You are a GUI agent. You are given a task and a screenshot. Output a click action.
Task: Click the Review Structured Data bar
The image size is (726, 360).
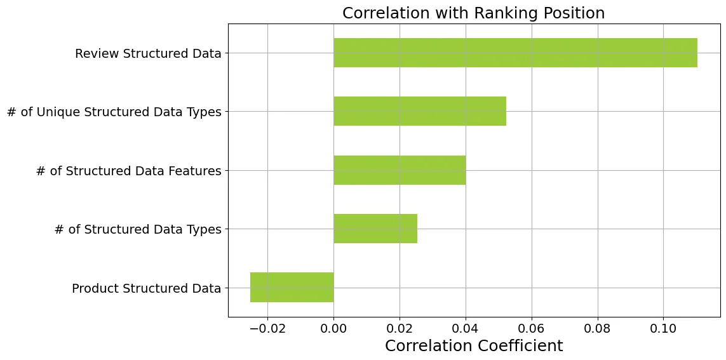pos(515,53)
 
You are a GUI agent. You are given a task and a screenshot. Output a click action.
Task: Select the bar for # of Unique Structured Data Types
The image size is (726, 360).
pos(420,111)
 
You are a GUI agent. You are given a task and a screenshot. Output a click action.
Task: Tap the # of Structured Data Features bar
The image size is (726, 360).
pos(400,170)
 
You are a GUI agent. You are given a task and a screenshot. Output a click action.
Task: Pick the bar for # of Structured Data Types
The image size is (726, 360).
pos(375,229)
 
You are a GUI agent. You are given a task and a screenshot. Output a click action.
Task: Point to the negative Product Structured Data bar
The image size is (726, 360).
pos(292,288)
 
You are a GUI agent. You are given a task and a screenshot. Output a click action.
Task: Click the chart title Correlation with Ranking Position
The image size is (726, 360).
pos(474,13)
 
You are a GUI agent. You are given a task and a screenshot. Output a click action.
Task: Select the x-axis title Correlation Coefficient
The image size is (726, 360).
pos(474,345)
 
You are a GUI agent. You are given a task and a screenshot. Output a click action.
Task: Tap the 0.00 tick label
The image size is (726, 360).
pos(334,329)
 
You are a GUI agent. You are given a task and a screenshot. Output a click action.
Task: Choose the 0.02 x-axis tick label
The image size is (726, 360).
pos(400,329)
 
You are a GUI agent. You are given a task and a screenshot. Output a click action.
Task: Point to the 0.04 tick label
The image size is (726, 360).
pos(466,329)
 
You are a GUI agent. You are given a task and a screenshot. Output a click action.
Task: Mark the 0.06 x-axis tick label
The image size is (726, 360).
pos(532,329)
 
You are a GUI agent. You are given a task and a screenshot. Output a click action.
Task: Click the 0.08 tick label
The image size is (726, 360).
pos(598,329)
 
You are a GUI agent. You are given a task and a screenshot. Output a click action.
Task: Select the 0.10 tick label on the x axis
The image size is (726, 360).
pos(664,329)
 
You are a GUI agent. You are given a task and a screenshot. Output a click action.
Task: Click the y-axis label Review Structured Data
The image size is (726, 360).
pos(148,54)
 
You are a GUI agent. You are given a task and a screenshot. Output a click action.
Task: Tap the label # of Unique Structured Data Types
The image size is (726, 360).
pos(114,112)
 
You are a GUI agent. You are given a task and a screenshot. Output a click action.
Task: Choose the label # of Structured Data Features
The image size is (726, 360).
pos(129,171)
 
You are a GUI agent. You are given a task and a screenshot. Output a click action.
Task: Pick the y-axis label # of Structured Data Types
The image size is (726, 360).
pos(138,230)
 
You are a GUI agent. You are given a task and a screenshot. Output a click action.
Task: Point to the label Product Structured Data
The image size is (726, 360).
pos(146,289)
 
